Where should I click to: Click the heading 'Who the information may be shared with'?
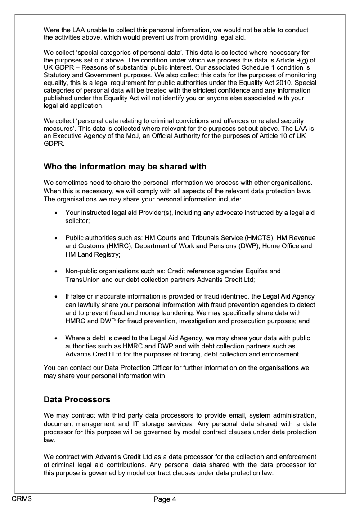pos(125,167)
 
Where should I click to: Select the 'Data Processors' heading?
pos(76,399)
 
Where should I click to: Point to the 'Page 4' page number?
pos(165,499)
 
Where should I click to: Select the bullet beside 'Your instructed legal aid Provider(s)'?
pos(55,213)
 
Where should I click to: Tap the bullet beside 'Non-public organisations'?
pos(55,272)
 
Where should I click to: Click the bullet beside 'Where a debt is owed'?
pos(55,339)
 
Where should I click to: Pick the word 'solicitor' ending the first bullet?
pos(77,221)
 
